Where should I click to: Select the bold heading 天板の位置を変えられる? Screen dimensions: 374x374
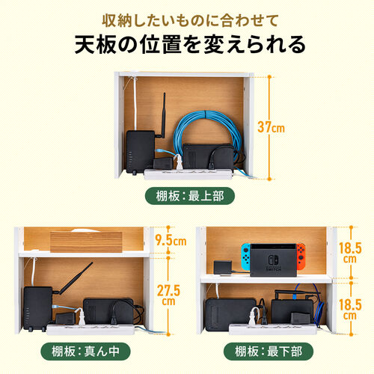[x=187, y=45]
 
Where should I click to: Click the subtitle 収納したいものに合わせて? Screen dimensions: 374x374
[x=187, y=17]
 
